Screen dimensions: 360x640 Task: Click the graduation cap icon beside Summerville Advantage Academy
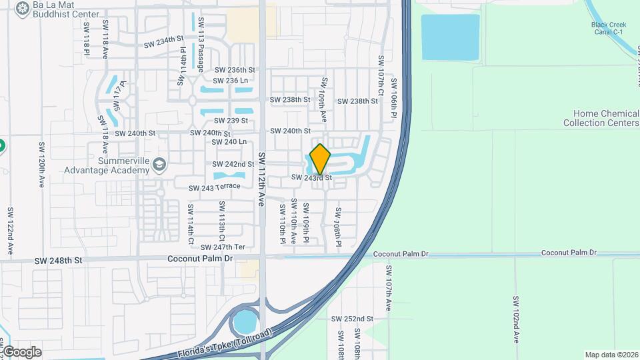coord(159,164)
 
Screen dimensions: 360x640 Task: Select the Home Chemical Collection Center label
coord(601,118)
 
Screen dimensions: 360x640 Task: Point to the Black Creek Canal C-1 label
coord(609,29)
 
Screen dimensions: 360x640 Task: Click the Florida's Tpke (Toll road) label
coord(225,343)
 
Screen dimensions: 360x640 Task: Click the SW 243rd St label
coord(311,177)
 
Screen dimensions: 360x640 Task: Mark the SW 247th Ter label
coord(227,247)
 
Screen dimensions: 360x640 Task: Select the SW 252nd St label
coord(353,319)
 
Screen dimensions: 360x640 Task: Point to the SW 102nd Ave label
coord(516,319)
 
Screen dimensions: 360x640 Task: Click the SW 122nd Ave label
coord(11,231)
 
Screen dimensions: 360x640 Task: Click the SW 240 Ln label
coord(229,142)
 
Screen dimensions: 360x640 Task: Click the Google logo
coord(21,351)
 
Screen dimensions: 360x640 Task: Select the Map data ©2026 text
coord(611,355)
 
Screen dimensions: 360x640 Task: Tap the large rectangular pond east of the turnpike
coord(450,37)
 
